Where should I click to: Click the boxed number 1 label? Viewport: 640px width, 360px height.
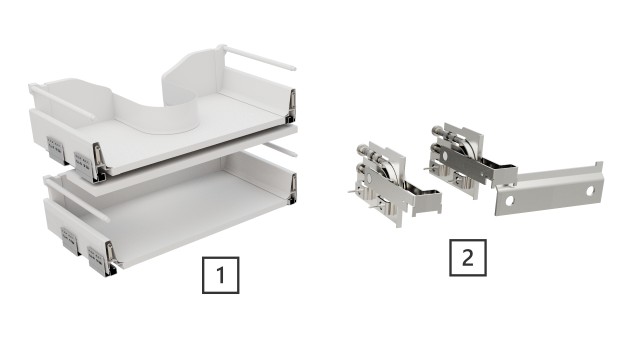pos(221,273)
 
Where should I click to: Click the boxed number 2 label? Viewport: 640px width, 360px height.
pos(466,257)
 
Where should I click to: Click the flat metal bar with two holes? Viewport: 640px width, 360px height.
pos(552,188)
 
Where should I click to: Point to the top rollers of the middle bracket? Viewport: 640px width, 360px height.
pos(450,135)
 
